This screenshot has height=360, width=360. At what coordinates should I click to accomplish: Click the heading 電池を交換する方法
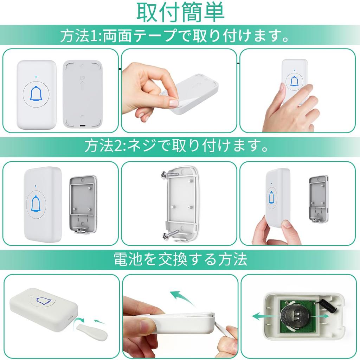click(x=180, y=259)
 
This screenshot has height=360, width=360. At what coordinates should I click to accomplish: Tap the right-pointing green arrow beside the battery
click(x=322, y=316)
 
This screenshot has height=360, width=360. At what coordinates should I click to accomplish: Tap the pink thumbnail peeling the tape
click(x=174, y=103)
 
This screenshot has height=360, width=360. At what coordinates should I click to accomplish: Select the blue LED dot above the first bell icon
click(x=36, y=75)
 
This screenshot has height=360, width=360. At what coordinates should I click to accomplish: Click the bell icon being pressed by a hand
click(x=294, y=82)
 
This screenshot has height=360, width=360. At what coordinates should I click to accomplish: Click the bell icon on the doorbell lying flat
click(x=44, y=300)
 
